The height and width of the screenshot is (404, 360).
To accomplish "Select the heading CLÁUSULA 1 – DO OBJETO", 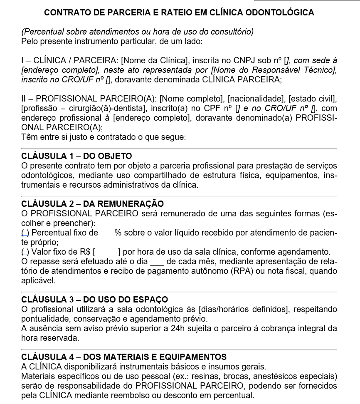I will click(76, 156).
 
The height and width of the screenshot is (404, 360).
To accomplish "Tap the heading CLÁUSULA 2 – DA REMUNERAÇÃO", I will click(92, 204).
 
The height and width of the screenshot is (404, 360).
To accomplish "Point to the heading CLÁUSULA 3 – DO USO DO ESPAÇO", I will click(94, 300).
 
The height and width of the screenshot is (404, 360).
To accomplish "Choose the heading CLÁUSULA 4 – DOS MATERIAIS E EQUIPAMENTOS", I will click(124, 357).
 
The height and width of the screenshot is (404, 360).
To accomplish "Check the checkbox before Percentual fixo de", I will click(25, 233).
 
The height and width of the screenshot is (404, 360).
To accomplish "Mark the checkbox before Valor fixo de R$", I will click(25, 252).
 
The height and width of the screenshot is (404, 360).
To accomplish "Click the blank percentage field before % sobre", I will click(107, 233).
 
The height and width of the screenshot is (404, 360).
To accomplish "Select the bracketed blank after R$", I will click(107, 252).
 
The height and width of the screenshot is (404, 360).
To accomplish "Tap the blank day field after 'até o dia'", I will click(157, 262).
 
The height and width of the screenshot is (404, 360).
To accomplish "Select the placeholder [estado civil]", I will click(312, 99).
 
